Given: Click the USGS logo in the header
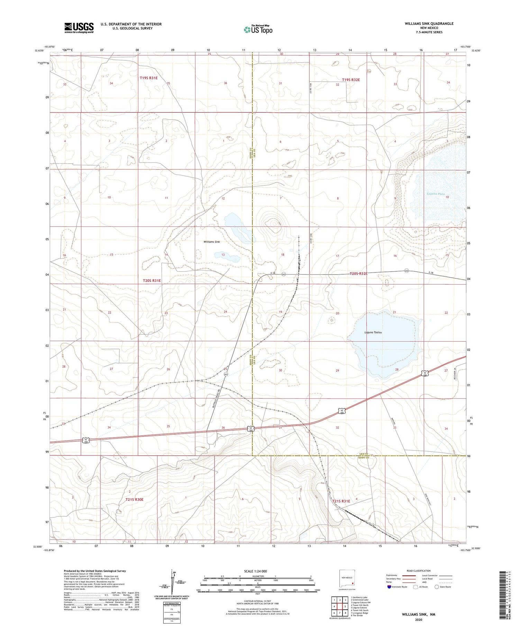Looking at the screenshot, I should pyautogui.click(x=79, y=28).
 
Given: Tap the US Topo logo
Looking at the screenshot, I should pyautogui.click(x=258, y=30).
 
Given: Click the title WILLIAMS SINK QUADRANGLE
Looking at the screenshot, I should pyautogui.click(x=429, y=24).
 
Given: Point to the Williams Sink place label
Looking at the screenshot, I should pyautogui.click(x=212, y=242).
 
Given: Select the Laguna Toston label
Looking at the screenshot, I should pyautogui.click(x=373, y=332).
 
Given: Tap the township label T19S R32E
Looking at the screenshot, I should pyautogui.click(x=351, y=80).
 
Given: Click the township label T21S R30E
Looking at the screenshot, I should pyautogui.click(x=134, y=499).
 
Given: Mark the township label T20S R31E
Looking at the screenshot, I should pyautogui.click(x=152, y=280).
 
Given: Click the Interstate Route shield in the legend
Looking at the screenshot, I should pyautogui.click(x=389, y=587).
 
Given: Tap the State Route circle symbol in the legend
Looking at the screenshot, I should pyautogui.click(x=437, y=587).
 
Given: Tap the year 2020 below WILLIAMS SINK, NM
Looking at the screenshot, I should pyautogui.click(x=418, y=620).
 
